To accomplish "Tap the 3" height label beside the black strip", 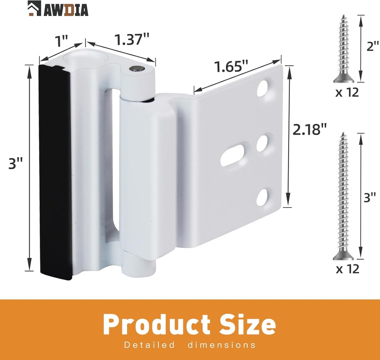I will click(x=16, y=164).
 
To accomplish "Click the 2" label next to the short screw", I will click(x=371, y=47).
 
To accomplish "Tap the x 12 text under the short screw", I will click(x=347, y=92).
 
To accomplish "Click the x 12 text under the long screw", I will click(x=347, y=269).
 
